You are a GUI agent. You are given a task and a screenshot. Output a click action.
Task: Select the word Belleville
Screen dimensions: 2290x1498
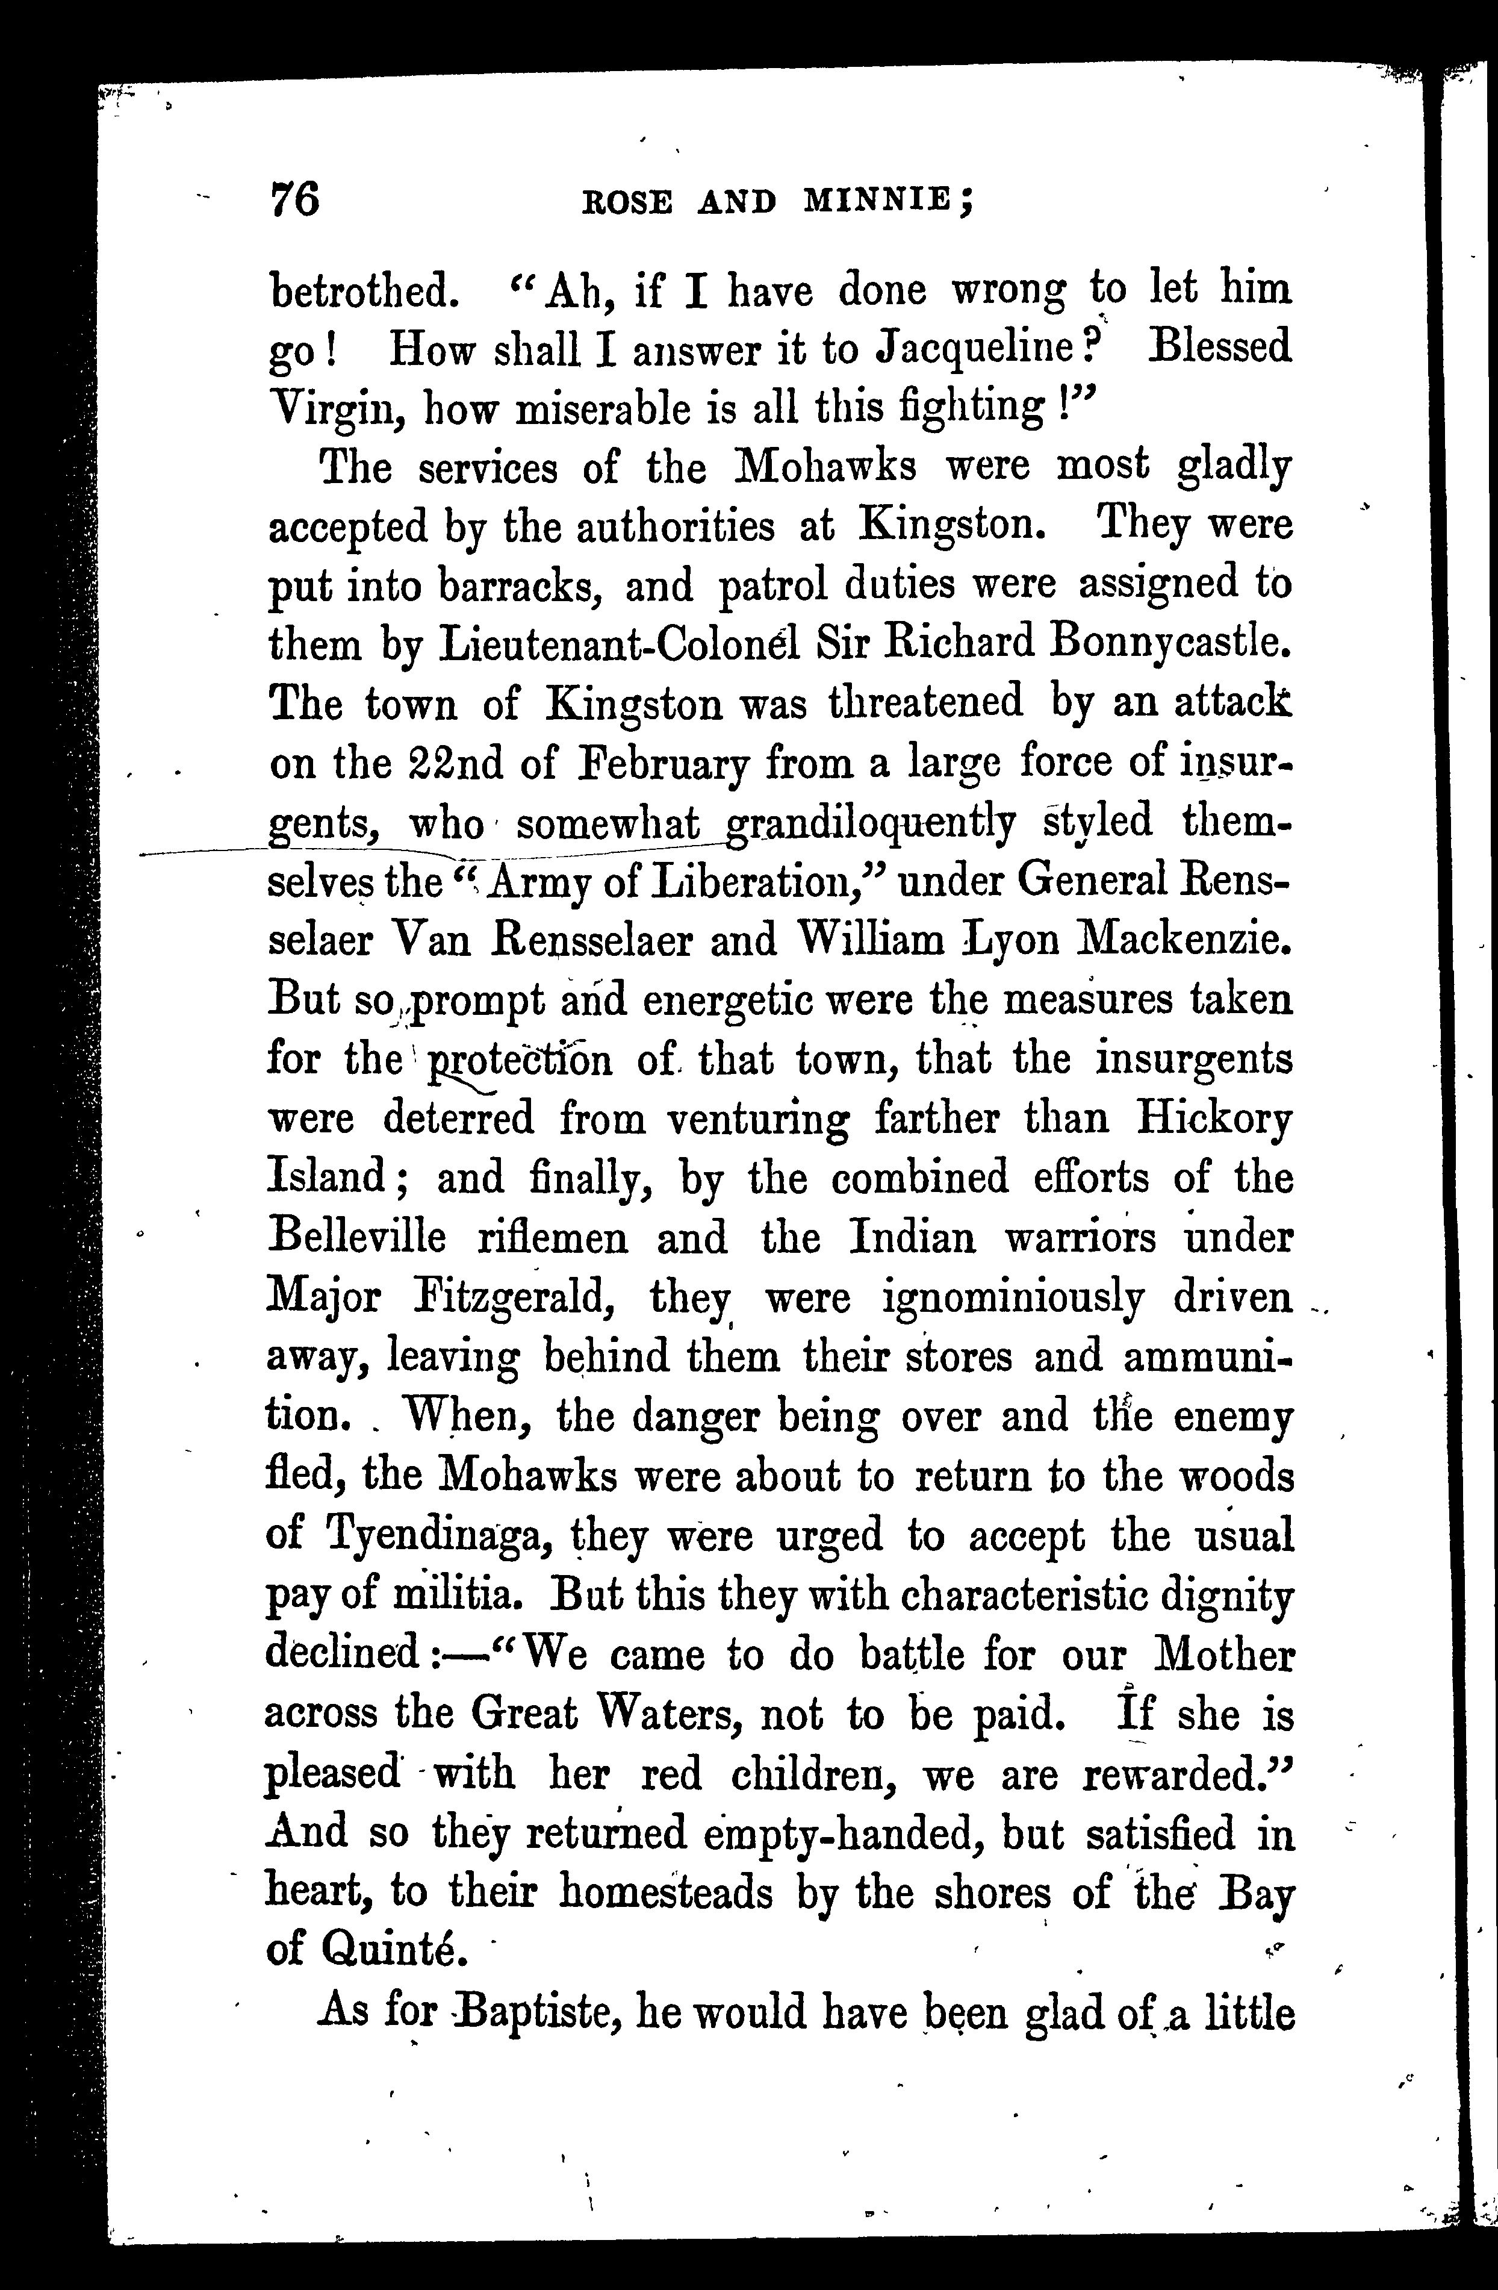click(356, 1237)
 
